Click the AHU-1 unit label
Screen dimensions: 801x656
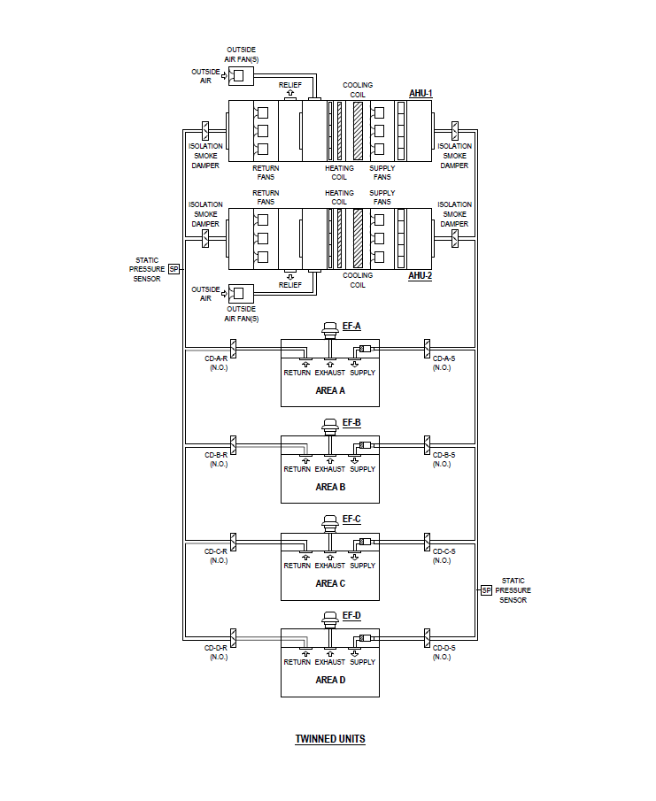(420, 93)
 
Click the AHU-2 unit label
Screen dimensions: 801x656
(420, 276)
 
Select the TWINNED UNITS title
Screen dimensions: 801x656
(329, 739)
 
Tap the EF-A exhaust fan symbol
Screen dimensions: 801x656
(330, 329)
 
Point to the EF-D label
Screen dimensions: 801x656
(351, 615)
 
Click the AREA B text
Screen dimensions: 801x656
(330, 487)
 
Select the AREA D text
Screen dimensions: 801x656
(330, 680)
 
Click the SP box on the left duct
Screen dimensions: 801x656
(174, 269)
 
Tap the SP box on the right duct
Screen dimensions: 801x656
(486, 589)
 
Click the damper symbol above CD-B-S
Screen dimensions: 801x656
(427, 443)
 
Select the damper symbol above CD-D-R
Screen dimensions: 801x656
(234, 636)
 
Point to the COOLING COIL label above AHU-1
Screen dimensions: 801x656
(358, 89)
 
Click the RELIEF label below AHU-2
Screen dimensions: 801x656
(290, 285)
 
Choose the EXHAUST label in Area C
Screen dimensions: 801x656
(330, 566)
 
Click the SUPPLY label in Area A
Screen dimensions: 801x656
(362, 373)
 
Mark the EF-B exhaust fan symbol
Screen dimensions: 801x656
(330, 426)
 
